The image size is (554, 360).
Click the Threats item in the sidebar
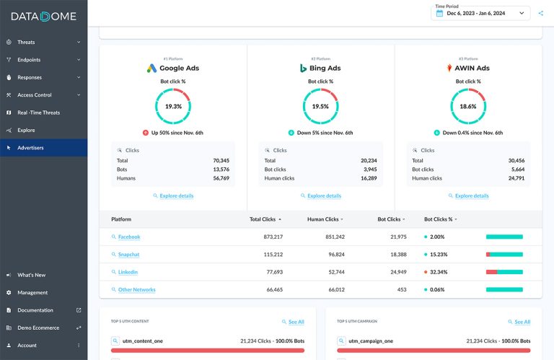pyautogui.click(x=26, y=42)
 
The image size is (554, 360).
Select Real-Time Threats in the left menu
pyautogui.click(x=38, y=113)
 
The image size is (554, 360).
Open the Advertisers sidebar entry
pyautogui.click(x=30, y=148)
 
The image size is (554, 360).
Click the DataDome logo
pyautogui.click(x=43, y=17)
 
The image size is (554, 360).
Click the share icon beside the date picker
pyautogui.click(x=541, y=13)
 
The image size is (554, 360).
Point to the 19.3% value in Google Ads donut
pyautogui.click(x=173, y=106)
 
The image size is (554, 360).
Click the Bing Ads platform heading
pyautogui.click(x=321, y=69)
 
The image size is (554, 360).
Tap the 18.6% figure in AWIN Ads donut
pyautogui.click(x=468, y=106)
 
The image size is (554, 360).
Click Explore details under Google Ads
pyautogui.click(x=176, y=196)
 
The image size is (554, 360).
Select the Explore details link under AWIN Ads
pyautogui.click(x=471, y=196)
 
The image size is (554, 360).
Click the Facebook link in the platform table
pyautogui.click(x=128, y=237)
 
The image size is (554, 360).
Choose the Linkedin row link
pyautogui.click(x=128, y=272)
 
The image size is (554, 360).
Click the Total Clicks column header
pyautogui.click(x=265, y=219)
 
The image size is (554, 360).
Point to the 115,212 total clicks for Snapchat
pyautogui.click(x=268, y=255)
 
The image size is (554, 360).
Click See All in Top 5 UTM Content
pyautogui.click(x=296, y=322)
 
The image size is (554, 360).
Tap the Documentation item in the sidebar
pyautogui.click(x=35, y=310)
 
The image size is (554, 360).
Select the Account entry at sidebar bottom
pyautogui.click(x=27, y=346)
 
